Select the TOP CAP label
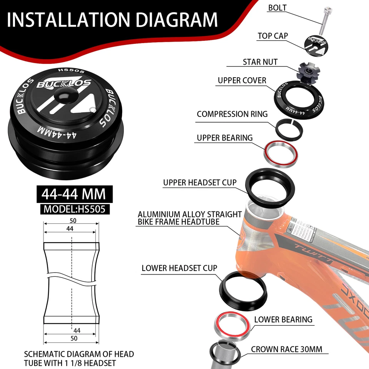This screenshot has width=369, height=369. pos(273,36)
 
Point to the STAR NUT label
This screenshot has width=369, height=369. pos(260,62)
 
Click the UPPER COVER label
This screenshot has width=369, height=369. pos(242,80)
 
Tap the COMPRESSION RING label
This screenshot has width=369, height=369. pos(232,114)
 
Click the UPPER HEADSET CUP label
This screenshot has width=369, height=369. pos(200,183)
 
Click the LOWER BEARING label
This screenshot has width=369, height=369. pos(283,319)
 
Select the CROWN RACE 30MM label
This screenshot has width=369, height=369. pos(287,349)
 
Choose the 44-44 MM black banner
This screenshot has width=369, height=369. pos(74,194)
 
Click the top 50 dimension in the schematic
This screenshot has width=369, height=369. pos(73,221)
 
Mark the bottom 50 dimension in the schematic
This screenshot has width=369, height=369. pos(74,338)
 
